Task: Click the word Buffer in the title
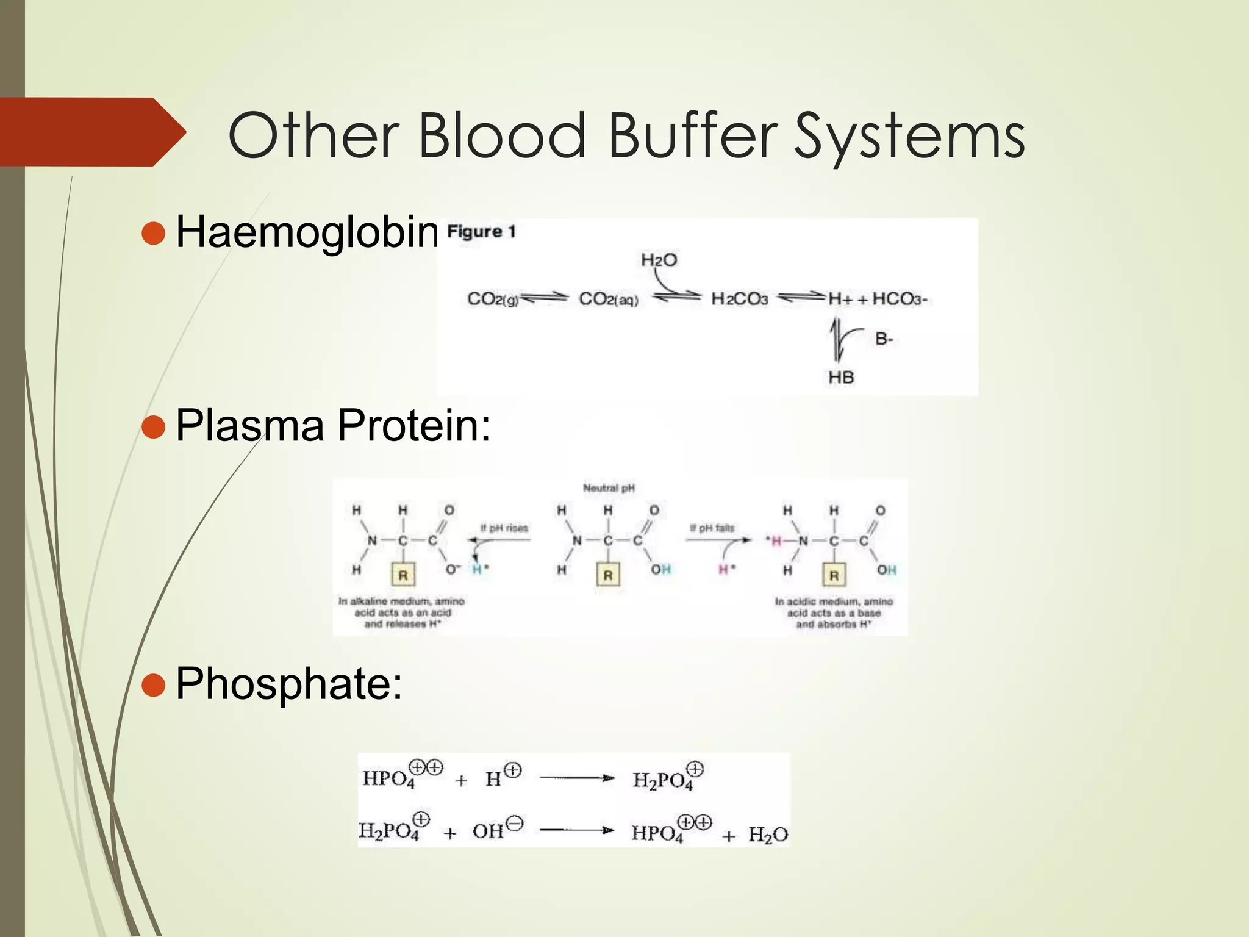[693, 135]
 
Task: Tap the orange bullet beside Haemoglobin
[153, 233]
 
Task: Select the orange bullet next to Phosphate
[153, 684]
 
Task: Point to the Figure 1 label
[481, 232]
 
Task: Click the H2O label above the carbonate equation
[659, 260]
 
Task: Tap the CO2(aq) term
[608, 300]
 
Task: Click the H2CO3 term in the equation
[739, 299]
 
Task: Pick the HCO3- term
[900, 299]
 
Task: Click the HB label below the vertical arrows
[841, 378]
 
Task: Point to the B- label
[884, 339]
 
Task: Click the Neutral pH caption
[609, 488]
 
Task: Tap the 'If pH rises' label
[504, 528]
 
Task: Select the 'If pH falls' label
[712, 528]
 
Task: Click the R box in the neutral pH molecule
[608, 575]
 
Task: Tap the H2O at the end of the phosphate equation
[768, 835]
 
